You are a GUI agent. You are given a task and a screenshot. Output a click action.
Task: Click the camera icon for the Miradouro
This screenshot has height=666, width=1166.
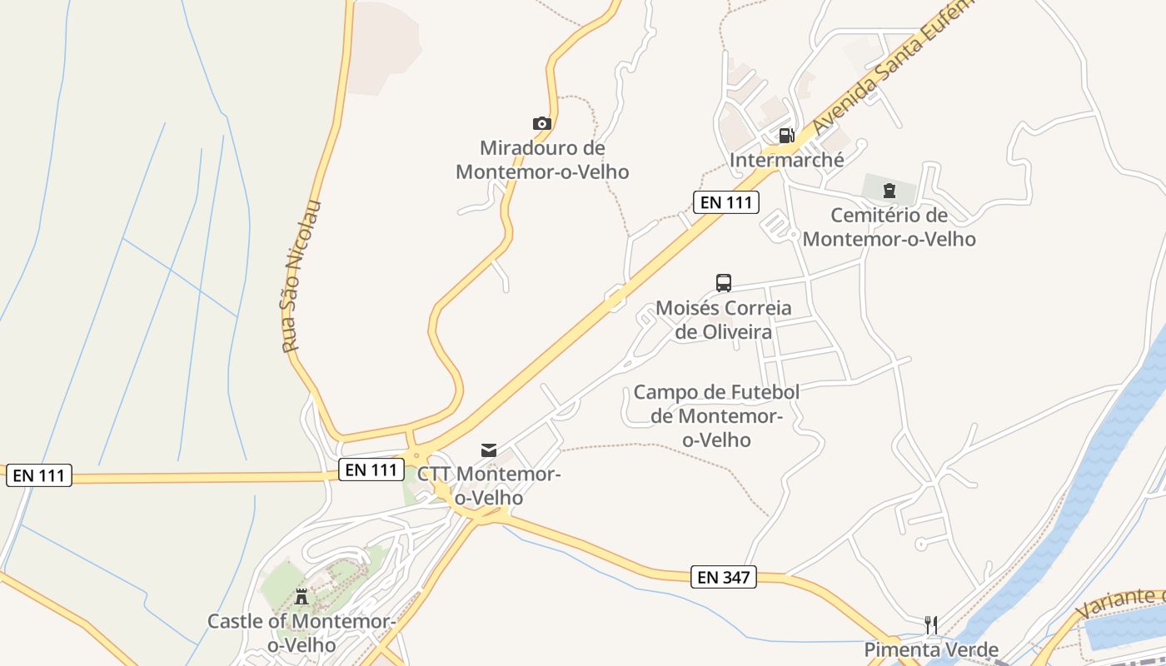[x=542, y=124]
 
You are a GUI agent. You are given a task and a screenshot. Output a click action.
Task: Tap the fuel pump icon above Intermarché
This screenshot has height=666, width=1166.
[x=786, y=135]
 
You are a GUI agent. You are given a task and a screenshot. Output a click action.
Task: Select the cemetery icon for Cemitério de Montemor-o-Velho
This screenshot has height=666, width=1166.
[x=889, y=191]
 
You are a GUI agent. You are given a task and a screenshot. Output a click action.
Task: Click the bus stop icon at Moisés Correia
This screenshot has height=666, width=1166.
[x=724, y=283]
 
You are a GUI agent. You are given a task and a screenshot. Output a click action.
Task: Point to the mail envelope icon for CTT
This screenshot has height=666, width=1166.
[x=489, y=450]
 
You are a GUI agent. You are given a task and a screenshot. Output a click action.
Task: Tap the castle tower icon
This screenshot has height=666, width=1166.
[x=301, y=596]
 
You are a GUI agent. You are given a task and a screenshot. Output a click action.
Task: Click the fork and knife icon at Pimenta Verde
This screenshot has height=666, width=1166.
[x=931, y=624]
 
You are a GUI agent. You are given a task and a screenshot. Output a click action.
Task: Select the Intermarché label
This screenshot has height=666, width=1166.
[x=786, y=160]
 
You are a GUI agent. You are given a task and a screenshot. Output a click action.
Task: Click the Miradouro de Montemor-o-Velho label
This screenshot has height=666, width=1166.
[x=542, y=160]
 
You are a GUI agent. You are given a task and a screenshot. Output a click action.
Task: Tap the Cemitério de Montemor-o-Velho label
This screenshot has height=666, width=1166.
[x=889, y=227]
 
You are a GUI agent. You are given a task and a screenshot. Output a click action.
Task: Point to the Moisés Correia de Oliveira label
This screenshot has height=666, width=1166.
[x=724, y=320]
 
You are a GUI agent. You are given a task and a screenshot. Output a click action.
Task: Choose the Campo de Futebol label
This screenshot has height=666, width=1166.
[x=716, y=415]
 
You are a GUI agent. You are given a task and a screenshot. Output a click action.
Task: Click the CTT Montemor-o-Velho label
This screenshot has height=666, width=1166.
[x=488, y=485]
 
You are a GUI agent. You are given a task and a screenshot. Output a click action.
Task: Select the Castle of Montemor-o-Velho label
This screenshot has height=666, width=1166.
[x=301, y=633]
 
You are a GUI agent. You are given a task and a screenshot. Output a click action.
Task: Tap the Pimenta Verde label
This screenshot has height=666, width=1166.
[x=931, y=649]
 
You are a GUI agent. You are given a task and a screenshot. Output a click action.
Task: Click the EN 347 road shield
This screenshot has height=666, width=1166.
[x=723, y=577]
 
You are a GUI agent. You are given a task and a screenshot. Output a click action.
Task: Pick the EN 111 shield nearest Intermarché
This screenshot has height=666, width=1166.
[x=725, y=201]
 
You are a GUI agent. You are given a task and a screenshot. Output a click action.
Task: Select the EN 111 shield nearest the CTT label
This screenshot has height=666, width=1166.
[x=371, y=470]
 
